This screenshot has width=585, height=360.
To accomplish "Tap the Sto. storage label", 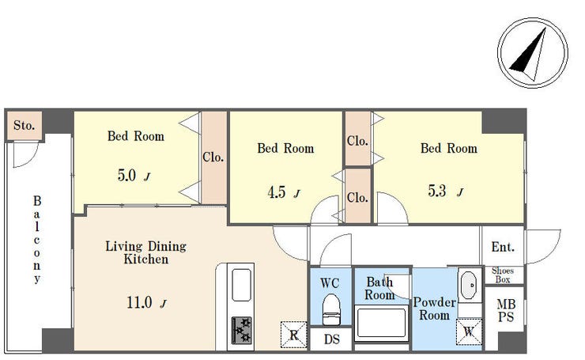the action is click(x=24, y=125).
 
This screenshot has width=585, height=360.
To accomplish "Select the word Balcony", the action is click(x=36, y=239).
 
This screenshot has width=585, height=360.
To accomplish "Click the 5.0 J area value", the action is click(x=134, y=175).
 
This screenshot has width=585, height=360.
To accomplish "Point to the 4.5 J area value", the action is click(x=284, y=192).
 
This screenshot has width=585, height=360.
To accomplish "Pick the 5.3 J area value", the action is click(x=445, y=191).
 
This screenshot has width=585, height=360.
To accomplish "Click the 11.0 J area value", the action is click(x=146, y=302).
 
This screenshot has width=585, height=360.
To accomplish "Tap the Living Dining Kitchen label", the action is click(x=146, y=252).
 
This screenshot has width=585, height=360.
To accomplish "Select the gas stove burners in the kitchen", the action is click(x=241, y=330).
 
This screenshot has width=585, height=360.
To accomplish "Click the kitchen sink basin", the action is click(x=241, y=285).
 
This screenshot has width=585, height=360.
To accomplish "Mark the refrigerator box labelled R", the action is click(x=293, y=335).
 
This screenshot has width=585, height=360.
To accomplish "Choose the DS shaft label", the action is click(x=332, y=339).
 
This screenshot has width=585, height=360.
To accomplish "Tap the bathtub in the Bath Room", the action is click(x=381, y=322).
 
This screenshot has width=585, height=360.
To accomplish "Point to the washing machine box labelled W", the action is click(x=469, y=332).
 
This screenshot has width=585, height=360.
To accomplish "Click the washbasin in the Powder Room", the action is click(x=468, y=286).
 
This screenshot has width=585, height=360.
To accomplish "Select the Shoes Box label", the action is click(x=503, y=275).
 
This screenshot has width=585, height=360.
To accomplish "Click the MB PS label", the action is click(x=506, y=311).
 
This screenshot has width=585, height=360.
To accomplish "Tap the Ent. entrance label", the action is click(x=503, y=247).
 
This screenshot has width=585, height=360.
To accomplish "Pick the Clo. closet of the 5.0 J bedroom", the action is click(x=213, y=157).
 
